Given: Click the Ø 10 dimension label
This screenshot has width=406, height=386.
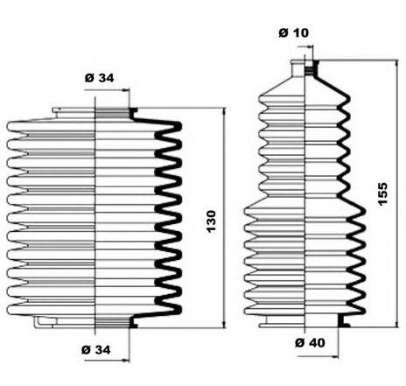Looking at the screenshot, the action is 293,32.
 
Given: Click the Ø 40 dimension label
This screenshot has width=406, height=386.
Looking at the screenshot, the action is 310,342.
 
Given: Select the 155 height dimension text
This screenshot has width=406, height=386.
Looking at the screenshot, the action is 382,194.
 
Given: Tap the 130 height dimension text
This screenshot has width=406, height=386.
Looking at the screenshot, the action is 211,221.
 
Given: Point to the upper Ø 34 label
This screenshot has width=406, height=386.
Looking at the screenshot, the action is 99,78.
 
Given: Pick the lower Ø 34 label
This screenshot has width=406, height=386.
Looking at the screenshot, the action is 96,349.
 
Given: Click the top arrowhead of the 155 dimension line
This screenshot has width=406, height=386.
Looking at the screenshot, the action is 396,65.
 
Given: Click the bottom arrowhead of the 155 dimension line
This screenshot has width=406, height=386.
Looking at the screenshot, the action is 396,323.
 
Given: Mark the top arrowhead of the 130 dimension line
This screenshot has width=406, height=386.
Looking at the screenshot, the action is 224,112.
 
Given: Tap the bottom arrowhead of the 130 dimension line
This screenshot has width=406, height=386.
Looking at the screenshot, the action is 224,324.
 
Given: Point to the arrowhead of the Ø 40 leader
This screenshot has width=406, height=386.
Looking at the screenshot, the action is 335,356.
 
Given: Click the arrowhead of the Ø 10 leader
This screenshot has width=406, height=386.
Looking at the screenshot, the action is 309,46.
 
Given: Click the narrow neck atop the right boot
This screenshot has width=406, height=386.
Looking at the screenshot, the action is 304,68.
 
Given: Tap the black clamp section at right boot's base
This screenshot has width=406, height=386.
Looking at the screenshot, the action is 343,321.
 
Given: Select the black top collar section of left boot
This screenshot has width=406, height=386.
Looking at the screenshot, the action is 133,113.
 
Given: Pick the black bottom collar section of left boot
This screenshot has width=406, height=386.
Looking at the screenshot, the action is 133,322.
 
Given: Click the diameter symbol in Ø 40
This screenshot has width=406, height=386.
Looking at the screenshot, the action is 300,342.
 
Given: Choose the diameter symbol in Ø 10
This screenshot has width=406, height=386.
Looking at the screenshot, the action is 283,32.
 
